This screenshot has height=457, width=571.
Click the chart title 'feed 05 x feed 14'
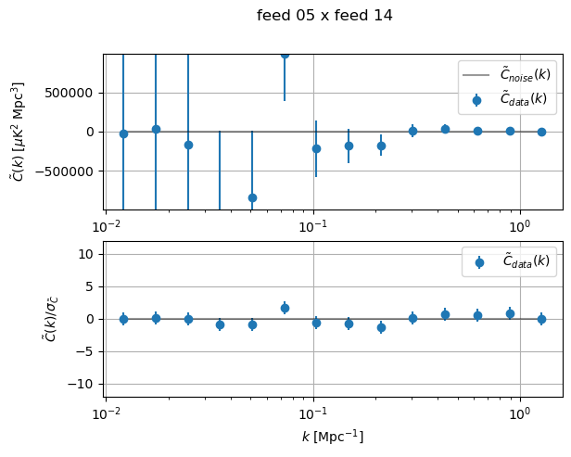324,15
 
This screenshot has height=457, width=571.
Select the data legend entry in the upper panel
510,98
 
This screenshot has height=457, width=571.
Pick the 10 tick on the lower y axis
88,254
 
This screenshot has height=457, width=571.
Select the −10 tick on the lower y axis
84,384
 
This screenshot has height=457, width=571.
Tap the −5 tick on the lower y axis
87,351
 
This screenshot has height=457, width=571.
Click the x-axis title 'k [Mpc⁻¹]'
332,436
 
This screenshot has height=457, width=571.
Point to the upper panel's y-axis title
19,131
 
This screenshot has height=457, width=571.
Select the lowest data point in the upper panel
252,197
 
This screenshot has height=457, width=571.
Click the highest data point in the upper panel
285,55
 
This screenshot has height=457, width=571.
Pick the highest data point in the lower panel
285,308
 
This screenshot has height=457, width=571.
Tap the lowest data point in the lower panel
381,327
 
